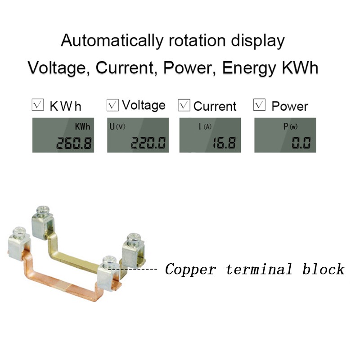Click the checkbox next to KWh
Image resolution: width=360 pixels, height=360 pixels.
tap(38, 105)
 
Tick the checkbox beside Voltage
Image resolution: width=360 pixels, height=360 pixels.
tap(112, 105)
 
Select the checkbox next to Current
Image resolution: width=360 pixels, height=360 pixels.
tap(184, 105)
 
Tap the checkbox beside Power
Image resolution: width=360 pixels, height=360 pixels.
tap(260, 105)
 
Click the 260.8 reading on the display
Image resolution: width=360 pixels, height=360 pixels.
tap(74, 144)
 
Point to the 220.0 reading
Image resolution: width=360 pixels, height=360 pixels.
tap(148, 144)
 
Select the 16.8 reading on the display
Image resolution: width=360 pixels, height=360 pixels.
tap(224, 144)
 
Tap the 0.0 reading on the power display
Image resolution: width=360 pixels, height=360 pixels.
tap(300, 144)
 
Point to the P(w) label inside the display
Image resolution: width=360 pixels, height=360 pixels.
tap(290, 127)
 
